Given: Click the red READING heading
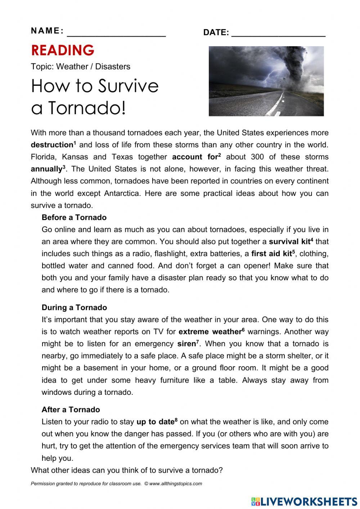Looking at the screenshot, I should (x=63, y=50).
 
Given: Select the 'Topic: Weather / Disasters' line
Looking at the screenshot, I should (x=81, y=67).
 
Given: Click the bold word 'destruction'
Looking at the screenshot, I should (x=52, y=145).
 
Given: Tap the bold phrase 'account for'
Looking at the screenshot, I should (x=195, y=157).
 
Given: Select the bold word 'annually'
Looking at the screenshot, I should (x=46, y=169).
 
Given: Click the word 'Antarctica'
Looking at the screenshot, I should (x=122, y=193).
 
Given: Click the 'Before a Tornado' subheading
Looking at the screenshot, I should (x=74, y=218).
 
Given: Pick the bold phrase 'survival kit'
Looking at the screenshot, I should (x=289, y=242).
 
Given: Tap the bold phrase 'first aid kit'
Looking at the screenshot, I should (x=271, y=254).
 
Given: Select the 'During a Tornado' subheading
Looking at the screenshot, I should (x=74, y=308).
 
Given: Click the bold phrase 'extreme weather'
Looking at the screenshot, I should (x=210, y=332).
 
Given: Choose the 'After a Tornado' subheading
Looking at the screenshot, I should (x=71, y=410).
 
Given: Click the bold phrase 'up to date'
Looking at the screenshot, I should (x=155, y=422).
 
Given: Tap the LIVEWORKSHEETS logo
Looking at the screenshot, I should (x=304, y=501).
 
